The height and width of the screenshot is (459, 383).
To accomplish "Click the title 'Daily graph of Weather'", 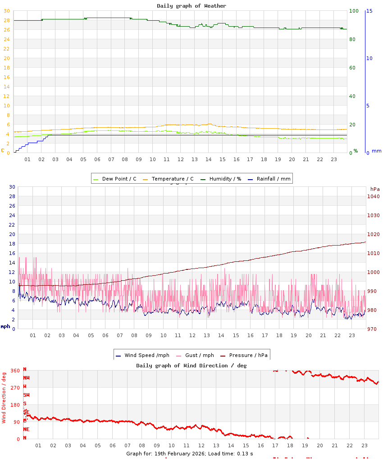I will (191, 6).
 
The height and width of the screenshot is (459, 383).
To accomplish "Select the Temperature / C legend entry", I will (172, 179).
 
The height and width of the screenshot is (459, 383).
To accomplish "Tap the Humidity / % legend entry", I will (225, 179).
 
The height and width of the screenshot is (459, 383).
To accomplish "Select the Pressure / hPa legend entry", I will (248, 355).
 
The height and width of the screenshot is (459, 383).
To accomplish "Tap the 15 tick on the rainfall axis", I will (369, 11).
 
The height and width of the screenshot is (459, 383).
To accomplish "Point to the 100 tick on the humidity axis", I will (354, 11).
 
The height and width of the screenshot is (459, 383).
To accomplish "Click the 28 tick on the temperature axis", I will (6, 20).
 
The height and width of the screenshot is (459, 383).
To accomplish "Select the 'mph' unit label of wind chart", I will (5, 326).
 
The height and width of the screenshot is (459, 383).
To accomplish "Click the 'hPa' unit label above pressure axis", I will (375, 189).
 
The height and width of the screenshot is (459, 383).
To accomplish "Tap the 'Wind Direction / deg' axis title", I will (4, 397).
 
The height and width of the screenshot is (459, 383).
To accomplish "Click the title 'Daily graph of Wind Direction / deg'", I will (191, 365).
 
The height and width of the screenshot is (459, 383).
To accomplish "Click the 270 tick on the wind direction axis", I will (15, 387).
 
